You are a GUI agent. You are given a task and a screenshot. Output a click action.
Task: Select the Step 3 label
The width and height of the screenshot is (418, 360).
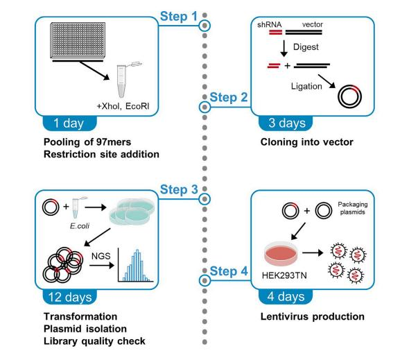click(x=179, y=189)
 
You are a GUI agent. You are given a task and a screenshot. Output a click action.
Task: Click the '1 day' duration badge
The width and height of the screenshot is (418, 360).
click(x=68, y=126)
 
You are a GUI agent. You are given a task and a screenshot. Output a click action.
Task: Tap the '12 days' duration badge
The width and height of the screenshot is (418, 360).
click(x=71, y=298)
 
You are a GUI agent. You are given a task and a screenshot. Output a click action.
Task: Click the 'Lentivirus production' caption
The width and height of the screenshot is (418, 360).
click(x=304, y=317)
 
